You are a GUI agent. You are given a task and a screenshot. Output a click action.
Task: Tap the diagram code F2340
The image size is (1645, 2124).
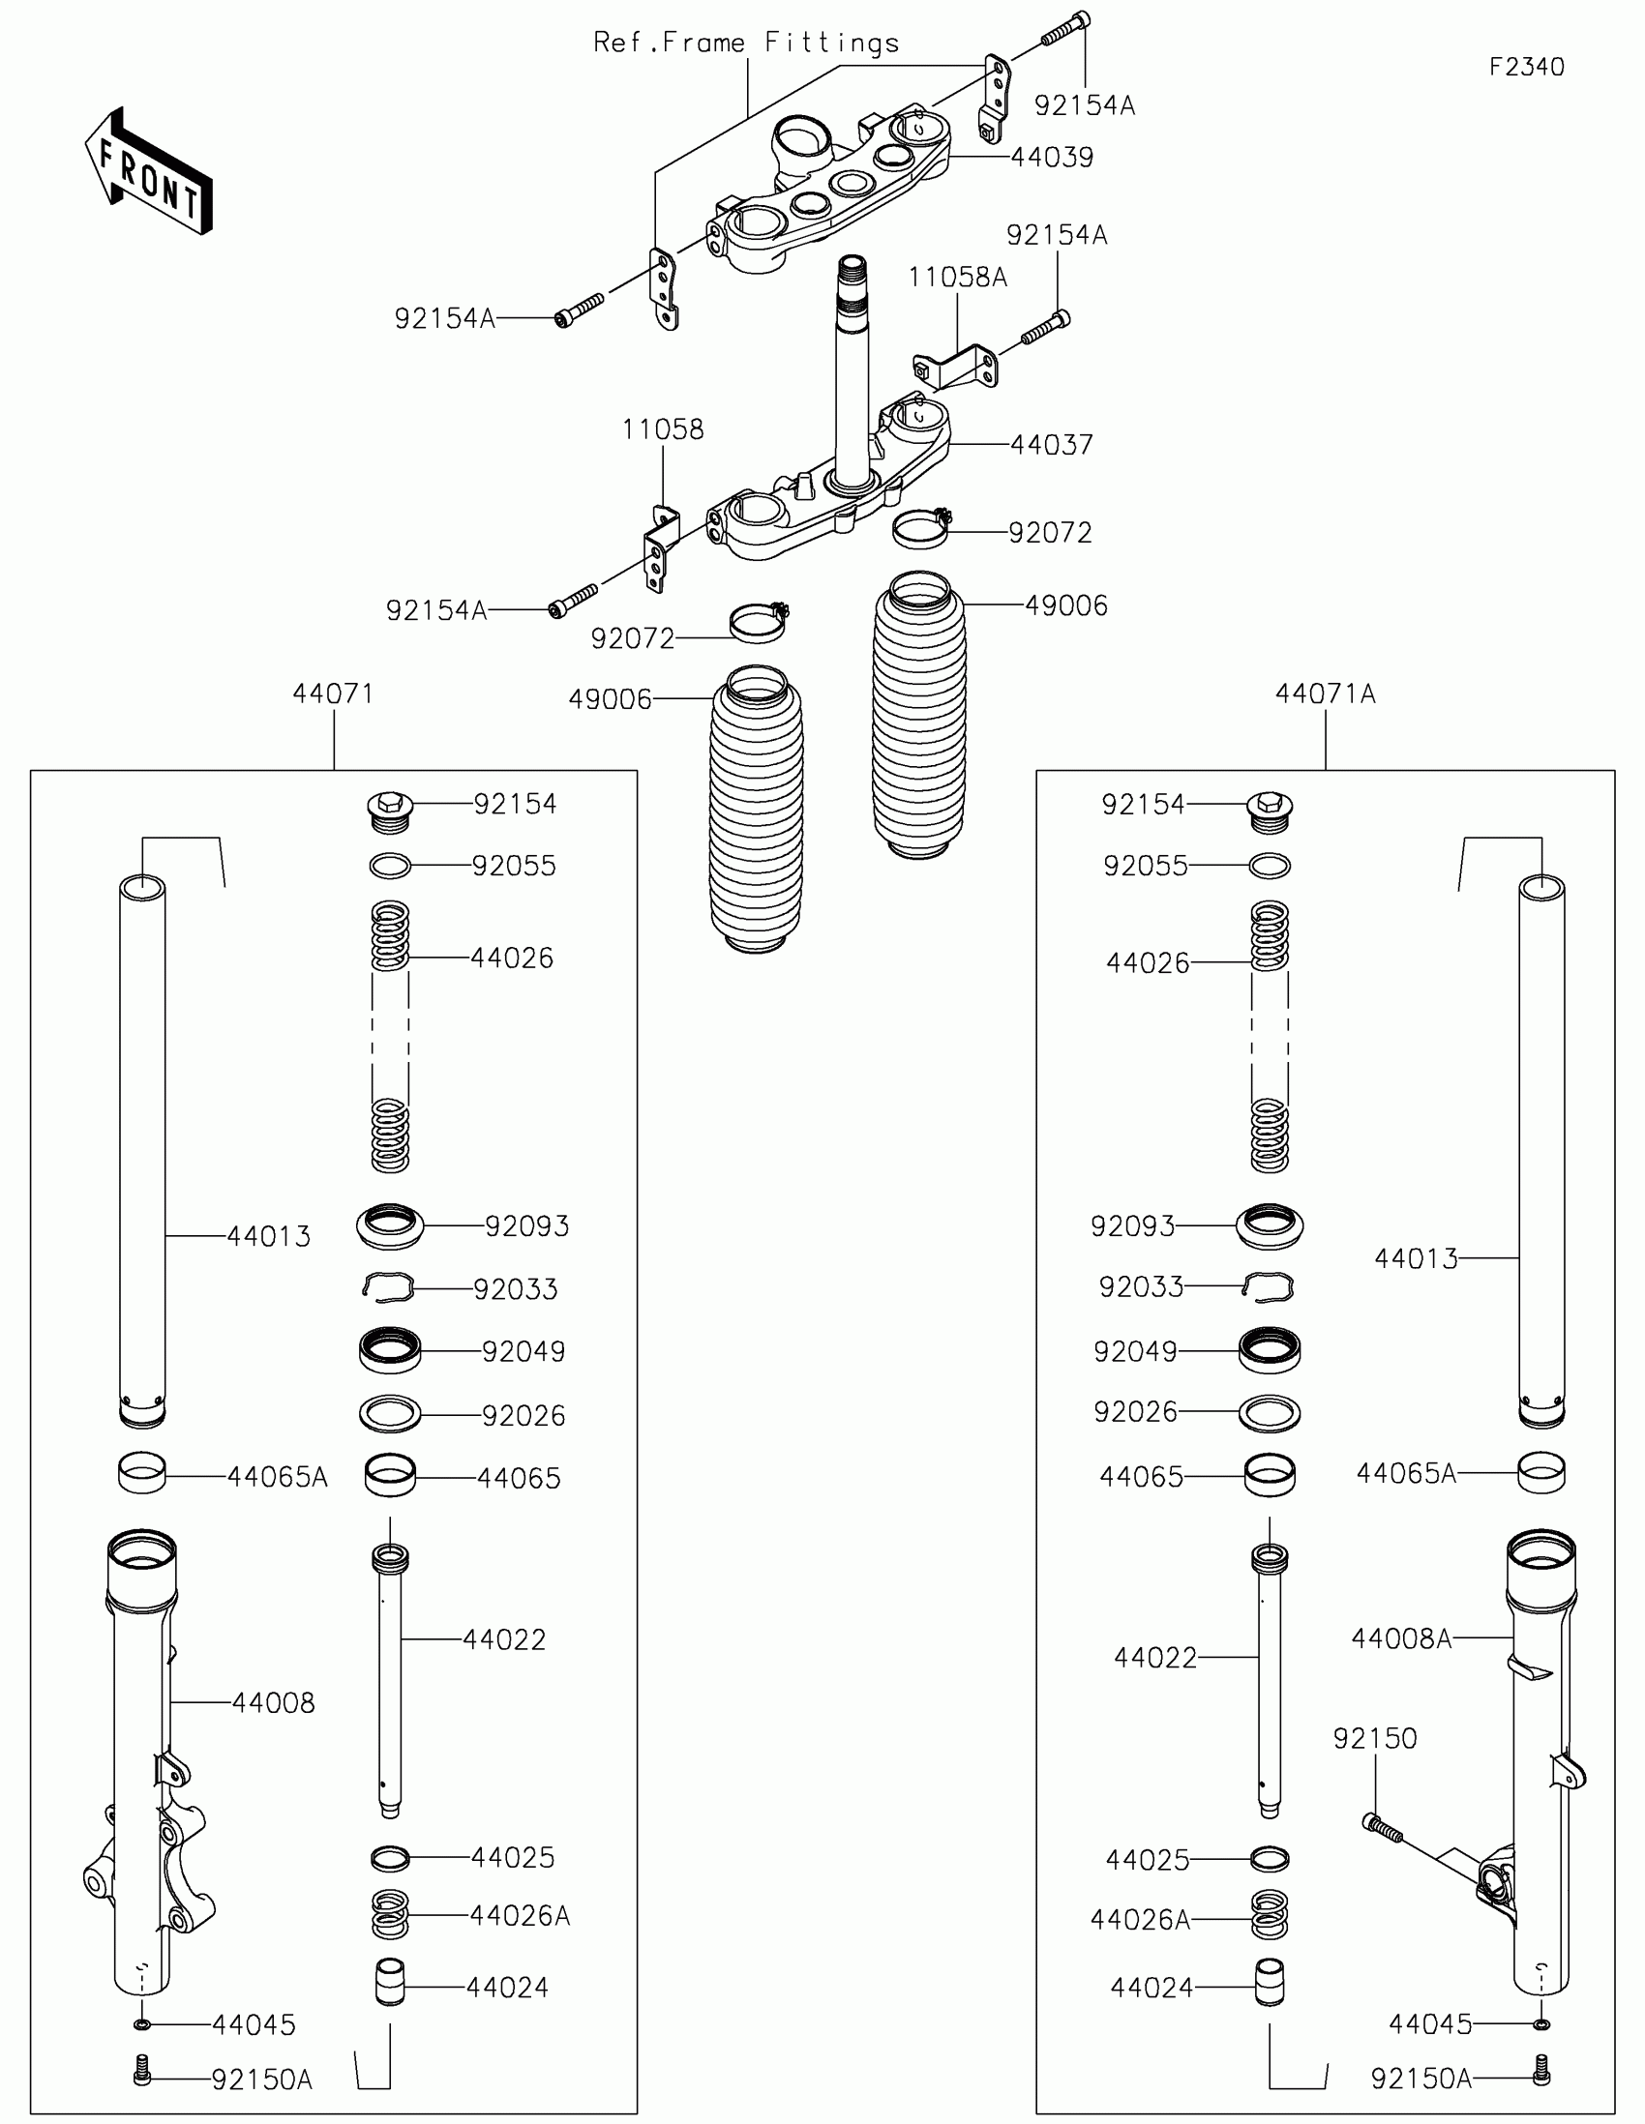coord(1526,67)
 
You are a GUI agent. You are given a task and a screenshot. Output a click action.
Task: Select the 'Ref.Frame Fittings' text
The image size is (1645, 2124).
coord(746,43)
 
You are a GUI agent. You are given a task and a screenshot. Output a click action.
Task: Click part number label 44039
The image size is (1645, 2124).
coord(1052,158)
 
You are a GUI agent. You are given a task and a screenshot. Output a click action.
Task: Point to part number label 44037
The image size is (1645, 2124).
coord(1052,446)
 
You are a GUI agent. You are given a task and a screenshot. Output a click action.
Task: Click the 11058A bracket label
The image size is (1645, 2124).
coord(957,279)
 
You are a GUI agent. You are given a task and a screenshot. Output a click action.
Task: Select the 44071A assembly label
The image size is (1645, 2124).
coord(1325,694)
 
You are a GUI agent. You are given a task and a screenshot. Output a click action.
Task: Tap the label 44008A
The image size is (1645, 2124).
coord(1401,1638)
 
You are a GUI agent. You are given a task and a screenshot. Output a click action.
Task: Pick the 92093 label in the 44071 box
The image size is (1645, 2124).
coord(526,1226)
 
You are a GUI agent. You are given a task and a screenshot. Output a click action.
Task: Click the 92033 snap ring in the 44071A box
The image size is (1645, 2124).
coord(1269,1286)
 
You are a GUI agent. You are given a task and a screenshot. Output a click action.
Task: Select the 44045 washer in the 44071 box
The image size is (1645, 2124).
coord(142,2023)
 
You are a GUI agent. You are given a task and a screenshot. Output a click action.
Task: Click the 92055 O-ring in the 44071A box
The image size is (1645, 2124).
coord(1270,865)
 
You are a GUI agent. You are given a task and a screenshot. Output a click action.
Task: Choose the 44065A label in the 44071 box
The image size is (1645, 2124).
coord(278,1477)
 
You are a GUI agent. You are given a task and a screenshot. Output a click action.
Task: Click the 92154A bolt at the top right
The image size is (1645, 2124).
coord(1066,28)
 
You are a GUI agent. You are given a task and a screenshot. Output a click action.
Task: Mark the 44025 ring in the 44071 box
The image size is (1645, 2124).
coord(390,1859)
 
